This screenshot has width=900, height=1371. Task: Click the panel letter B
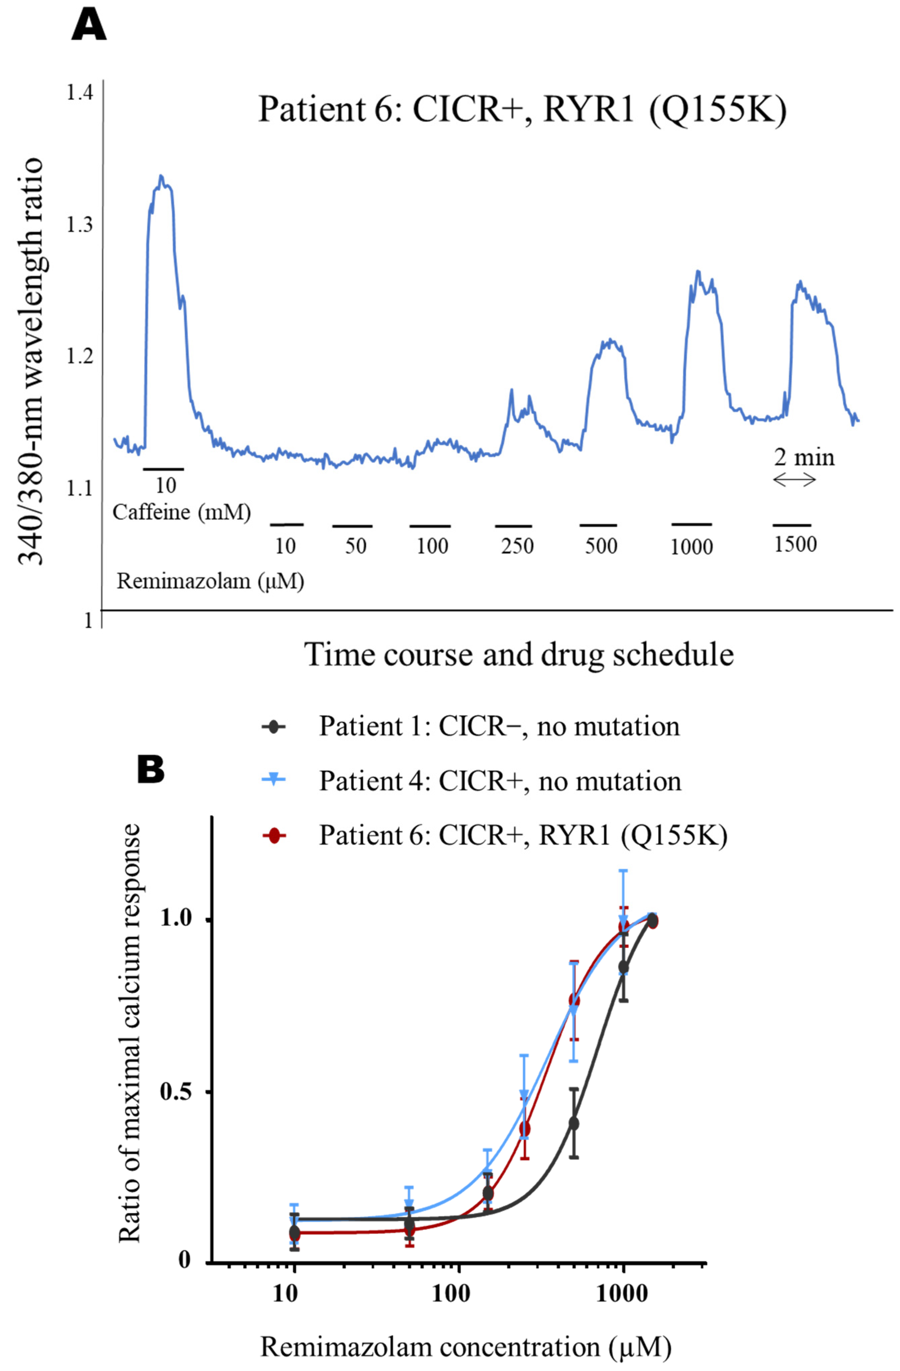pos(151,770)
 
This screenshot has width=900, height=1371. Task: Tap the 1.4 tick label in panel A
pos(80,92)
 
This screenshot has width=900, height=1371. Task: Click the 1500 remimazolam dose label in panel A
pos(795,544)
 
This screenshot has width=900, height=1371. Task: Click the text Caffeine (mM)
pos(181,512)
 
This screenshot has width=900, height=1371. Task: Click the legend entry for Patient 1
pos(499,726)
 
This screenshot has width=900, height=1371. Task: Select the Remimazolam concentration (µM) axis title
pos(466,1347)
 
